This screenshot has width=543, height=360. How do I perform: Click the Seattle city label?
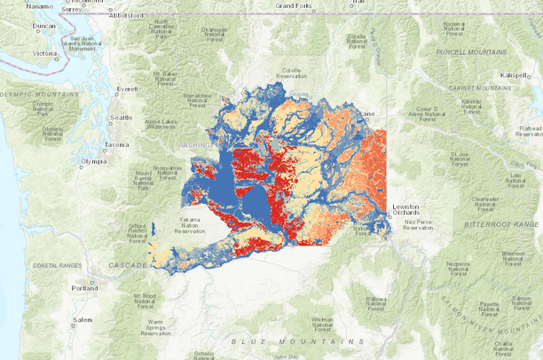coord(121,117)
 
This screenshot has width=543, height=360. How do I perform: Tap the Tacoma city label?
coord(116,144)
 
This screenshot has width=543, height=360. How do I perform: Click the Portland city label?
coord(86,288)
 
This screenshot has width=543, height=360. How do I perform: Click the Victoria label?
coord(44,53)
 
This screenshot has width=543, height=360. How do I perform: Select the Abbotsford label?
coord(127,15)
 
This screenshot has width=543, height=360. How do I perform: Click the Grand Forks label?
coord(294,5)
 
